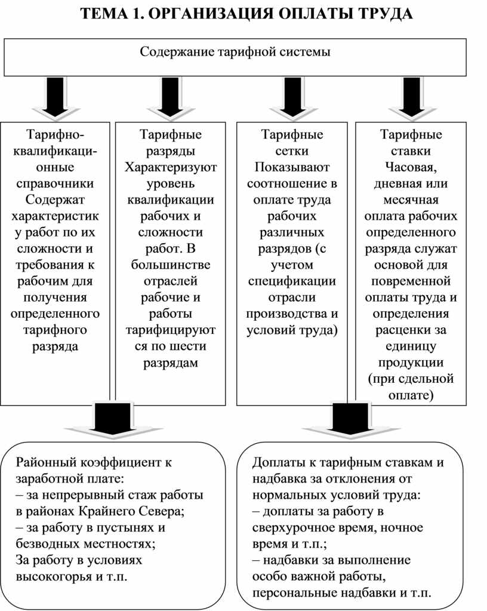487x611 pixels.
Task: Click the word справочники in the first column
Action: [x=55, y=183]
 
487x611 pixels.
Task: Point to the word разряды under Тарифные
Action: [x=170, y=151]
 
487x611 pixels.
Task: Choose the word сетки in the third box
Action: [x=292, y=151]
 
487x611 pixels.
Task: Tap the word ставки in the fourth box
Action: [x=411, y=151]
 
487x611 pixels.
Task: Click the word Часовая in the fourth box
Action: [x=411, y=167]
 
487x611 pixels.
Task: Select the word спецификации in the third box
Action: [x=292, y=281]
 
